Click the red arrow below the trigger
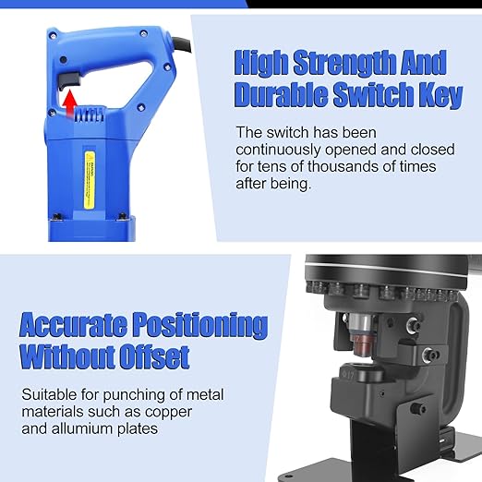pos(69,103)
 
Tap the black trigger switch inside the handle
pos(67,82)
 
